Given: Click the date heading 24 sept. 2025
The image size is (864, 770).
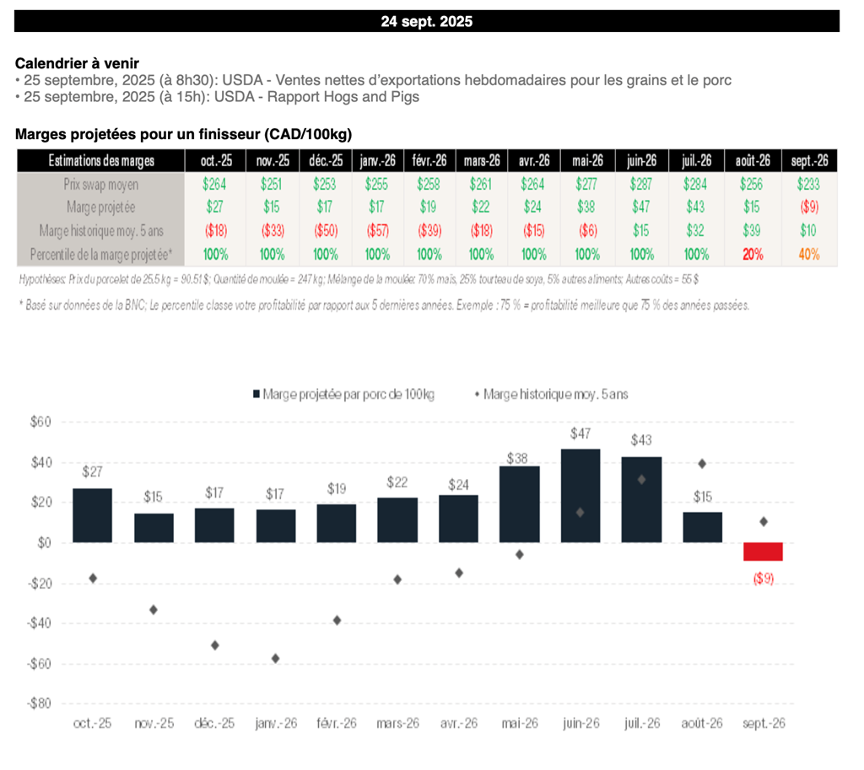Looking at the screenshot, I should point(426,22).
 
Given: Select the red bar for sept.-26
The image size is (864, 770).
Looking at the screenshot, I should point(763,552).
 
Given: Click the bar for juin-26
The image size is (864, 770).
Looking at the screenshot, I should point(581,495).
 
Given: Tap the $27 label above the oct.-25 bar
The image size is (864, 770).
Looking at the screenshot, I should point(92,472).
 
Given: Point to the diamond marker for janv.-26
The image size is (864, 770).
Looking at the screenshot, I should point(275,658).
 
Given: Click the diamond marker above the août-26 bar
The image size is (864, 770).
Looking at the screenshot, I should point(702,463).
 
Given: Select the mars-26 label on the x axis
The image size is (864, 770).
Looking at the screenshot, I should point(397,724).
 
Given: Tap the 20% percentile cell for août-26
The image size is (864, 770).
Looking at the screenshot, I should point(753,254).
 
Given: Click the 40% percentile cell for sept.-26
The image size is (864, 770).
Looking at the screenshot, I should point(808,254).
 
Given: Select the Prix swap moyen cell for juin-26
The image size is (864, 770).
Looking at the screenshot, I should point(641,184).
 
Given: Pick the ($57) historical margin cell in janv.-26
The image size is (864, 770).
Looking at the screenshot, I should point(377,230).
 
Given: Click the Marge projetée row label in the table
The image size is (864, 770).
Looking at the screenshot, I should point(100,207).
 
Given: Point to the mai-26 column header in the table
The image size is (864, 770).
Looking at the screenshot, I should point(587,160).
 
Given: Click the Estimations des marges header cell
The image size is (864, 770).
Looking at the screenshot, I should point(100,160).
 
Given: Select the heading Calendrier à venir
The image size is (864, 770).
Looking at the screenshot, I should point(77,63).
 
